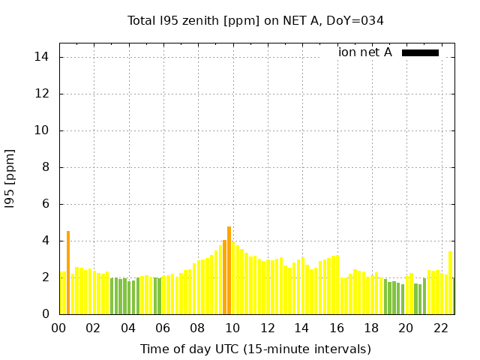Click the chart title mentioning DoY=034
coord(256,21)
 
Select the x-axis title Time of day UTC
coord(256,349)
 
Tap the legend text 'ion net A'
coord(365,52)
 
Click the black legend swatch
coord(420,52)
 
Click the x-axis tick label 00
coord(58,328)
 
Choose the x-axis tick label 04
coord(128,328)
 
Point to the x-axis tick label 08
coord(197,328)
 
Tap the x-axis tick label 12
coord(267,328)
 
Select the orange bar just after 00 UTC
coord(68,273)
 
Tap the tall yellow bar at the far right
coord(450,283)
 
